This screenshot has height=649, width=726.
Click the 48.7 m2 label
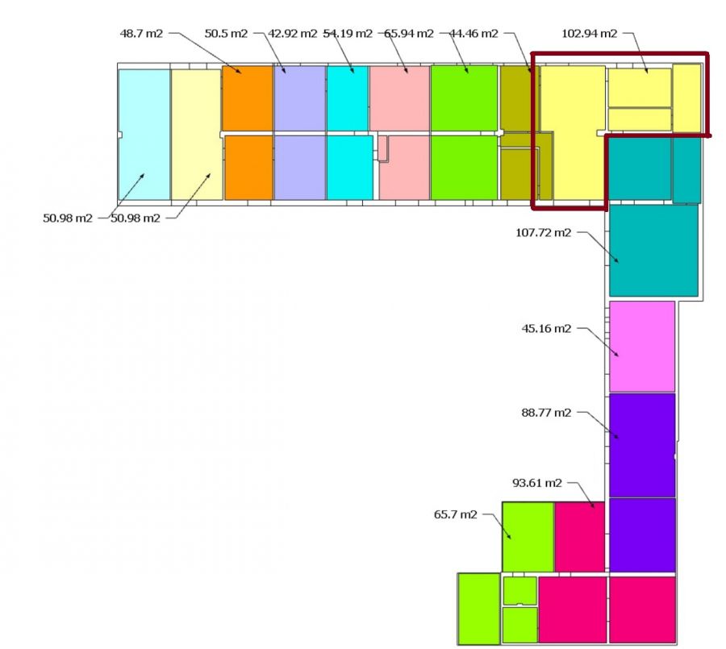pyautogui.click(x=141, y=33)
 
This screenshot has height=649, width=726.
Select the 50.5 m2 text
pyautogui.click(x=226, y=33)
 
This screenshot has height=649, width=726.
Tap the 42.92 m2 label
pyautogui.click(x=292, y=33)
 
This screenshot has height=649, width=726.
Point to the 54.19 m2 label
pyautogui.click(x=348, y=33)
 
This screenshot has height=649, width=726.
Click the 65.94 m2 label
pyautogui.click(x=409, y=33)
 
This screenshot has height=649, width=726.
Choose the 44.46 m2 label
pyautogui.click(x=474, y=33)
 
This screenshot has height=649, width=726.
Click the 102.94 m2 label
pyautogui.click(x=589, y=33)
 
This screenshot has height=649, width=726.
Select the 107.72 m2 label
pyautogui.click(x=543, y=233)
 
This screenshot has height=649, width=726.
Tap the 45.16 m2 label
pyautogui.click(x=547, y=328)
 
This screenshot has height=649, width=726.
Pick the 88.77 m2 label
pyautogui.click(x=546, y=413)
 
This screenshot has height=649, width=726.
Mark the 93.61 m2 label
pyautogui.click(x=537, y=483)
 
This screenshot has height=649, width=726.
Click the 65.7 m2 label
pyautogui.click(x=456, y=514)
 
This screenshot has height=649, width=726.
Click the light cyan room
pyautogui.click(x=144, y=134)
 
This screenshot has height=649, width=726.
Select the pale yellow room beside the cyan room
pyautogui.click(x=196, y=134)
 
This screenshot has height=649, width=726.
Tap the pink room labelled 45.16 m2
pyautogui.click(x=641, y=347)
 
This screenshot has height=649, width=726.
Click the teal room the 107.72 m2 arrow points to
pyautogui.click(x=653, y=251)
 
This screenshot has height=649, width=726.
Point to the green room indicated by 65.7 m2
pyautogui.click(x=528, y=536)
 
